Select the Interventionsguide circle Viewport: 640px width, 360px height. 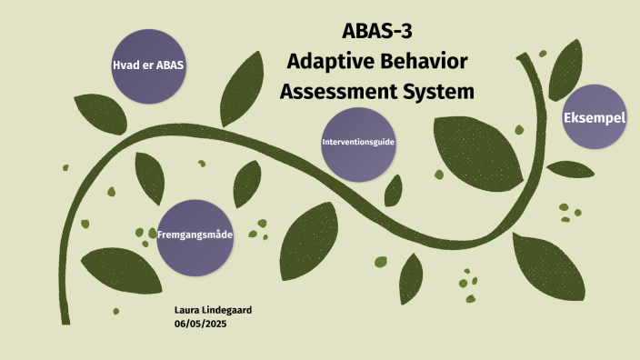point(358,144)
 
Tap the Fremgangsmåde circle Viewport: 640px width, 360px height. point(195,236)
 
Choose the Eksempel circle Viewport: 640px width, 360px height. point(595,117)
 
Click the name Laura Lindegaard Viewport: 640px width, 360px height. point(213,311)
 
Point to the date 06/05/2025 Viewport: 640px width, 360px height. point(200,325)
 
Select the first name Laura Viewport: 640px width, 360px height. point(186,311)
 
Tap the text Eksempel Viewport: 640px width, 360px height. point(595,118)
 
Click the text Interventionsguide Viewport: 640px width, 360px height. point(358,144)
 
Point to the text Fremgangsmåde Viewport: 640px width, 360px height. point(195,235)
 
